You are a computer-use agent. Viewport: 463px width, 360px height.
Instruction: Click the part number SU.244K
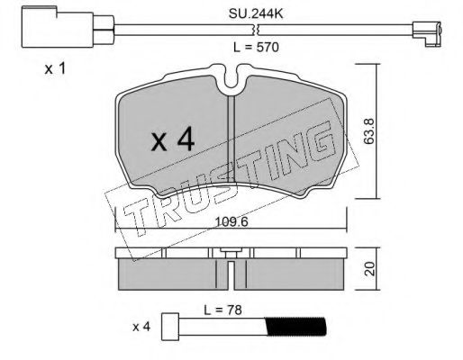[x=256, y=13]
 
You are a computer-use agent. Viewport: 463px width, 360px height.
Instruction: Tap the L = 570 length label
[x=256, y=48]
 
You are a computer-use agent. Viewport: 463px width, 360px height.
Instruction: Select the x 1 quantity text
[x=55, y=69]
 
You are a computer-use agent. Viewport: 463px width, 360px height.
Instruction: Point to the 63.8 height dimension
[x=368, y=131]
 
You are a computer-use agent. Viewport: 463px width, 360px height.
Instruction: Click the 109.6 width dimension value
[x=231, y=222]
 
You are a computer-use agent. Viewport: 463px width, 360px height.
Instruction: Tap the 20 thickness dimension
[x=370, y=269]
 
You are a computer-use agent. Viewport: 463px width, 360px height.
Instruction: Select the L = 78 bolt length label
[x=222, y=310]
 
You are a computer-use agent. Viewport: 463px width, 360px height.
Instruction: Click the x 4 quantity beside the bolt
[x=141, y=327]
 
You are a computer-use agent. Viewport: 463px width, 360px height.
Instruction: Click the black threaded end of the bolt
[x=295, y=327]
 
